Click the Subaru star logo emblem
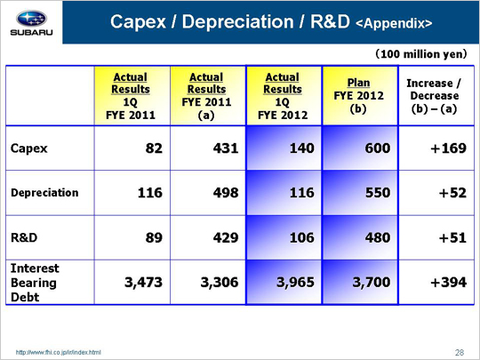(x=31, y=19)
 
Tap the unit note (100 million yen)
(x=421, y=54)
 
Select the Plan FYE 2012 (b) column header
(x=359, y=95)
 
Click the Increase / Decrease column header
(x=435, y=95)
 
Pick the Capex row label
(x=29, y=148)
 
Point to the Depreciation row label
(x=44, y=193)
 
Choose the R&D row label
(x=24, y=237)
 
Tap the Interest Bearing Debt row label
(x=35, y=283)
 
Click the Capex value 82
(x=154, y=148)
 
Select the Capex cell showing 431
(x=226, y=148)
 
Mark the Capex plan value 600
(x=378, y=148)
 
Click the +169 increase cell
(x=449, y=148)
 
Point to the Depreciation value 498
(x=226, y=193)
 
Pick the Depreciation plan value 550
(x=378, y=193)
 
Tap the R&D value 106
(x=302, y=237)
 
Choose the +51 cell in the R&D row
(x=452, y=237)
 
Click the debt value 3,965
(x=295, y=282)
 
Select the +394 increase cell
(x=449, y=282)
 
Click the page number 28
(x=460, y=353)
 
